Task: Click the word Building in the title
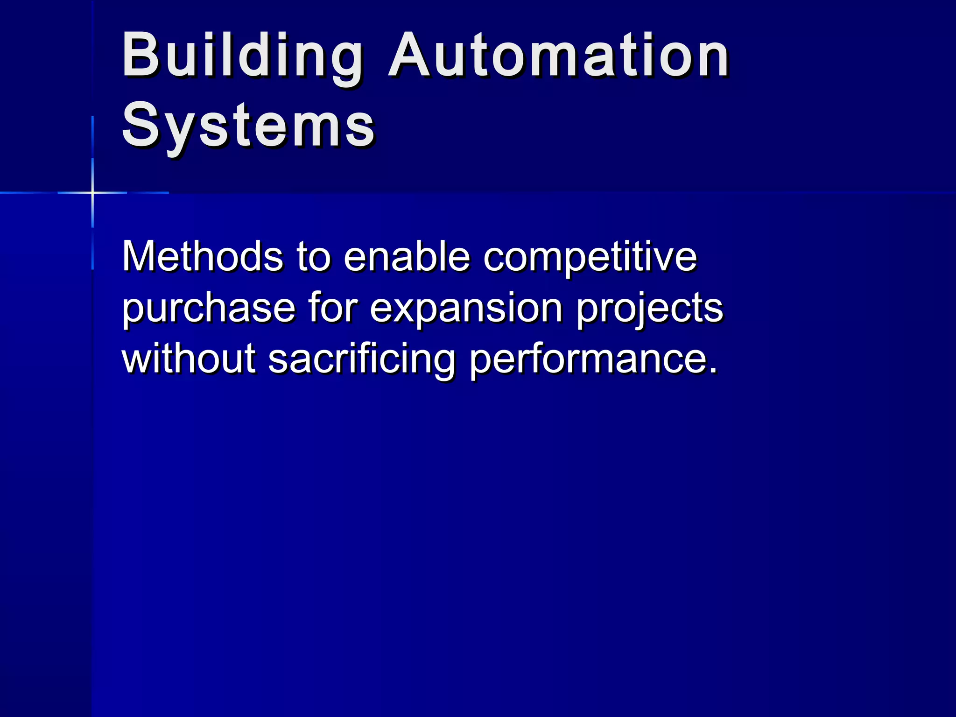(242, 56)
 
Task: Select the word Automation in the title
(558, 56)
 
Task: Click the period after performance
(712, 371)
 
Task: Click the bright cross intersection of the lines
(92, 192)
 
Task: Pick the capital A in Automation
(409, 56)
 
